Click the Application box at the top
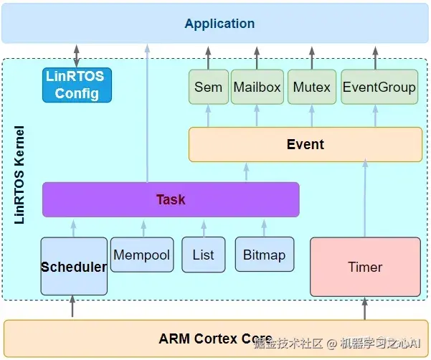(215, 23)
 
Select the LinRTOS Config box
(77, 85)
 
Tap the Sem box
(209, 87)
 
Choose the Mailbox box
(257, 87)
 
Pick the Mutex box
(312, 87)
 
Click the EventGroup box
(379, 87)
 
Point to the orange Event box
(306, 144)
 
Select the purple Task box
(171, 199)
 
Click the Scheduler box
(74, 266)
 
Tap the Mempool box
(142, 255)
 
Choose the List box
(204, 255)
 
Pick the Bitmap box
(265, 255)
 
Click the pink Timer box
(365, 267)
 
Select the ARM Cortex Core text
(215, 338)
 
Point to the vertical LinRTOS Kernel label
(19, 175)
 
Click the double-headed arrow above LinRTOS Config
(77, 56)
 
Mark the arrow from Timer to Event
(365, 198)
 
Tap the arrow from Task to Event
(246, 172)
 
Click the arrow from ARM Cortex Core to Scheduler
(72, 306)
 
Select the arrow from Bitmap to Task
(264, 228)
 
